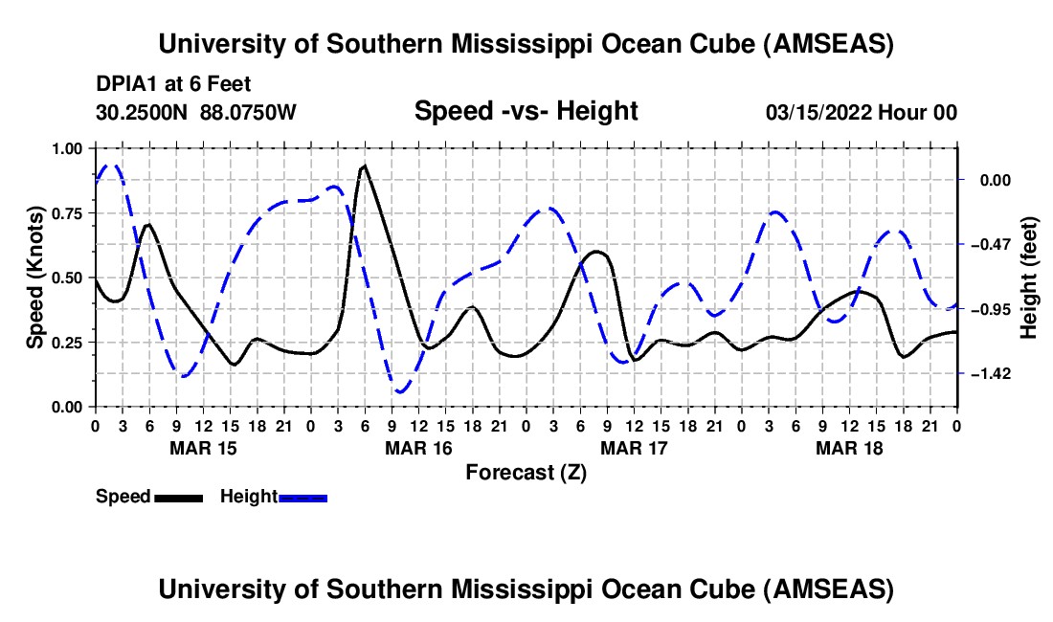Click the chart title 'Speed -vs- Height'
point(526,112)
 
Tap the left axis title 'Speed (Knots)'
point(34,278)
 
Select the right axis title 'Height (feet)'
point(1029,278)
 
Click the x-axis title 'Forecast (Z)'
point(526,472)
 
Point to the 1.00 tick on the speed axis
point(68,148)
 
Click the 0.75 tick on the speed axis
point(68,213)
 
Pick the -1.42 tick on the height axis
point(991,373)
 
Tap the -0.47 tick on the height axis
point(991,244)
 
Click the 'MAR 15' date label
point(202,447)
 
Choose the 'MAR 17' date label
point(633,447)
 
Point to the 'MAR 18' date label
point(848,447)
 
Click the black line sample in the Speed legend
point(178,498)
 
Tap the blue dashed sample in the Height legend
point(303,498)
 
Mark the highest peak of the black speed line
point(364,166)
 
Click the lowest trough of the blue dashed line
point(400,392)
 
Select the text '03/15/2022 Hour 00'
point(862,113)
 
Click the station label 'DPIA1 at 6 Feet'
point(173,85)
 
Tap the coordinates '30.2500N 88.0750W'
point(196,113)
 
